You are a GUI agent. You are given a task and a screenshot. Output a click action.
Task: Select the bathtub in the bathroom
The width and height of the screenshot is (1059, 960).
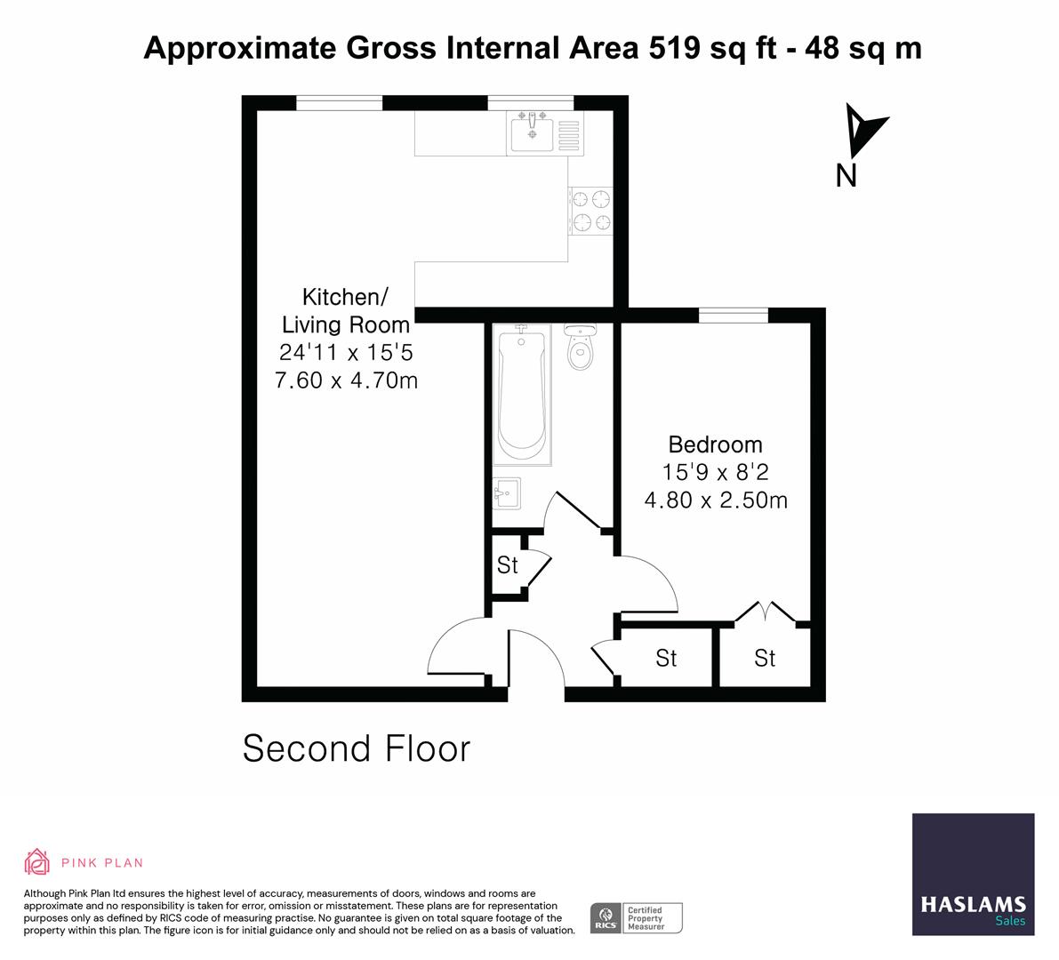(x=523, y=393)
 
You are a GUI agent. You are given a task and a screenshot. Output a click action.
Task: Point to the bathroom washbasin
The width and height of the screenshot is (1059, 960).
(x=507, y=493)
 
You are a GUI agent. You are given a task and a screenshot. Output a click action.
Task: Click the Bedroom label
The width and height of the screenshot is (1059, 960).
(x=715, y=444)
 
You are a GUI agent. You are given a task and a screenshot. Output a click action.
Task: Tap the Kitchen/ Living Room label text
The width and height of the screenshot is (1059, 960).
(x=346, y=310)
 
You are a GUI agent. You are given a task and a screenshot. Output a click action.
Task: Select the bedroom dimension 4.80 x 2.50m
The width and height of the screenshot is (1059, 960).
(x=715, y=500)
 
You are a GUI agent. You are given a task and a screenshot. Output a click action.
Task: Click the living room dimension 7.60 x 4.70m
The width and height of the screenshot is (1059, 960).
(x=346, y=381)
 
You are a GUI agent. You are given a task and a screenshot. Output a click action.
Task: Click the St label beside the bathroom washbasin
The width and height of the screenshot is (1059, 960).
(x=507, y=565)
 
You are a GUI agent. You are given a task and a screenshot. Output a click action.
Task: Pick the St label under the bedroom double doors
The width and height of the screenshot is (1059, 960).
(x=765, y=659)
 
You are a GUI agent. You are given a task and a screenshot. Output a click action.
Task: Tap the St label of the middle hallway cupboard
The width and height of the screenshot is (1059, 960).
(x=666, y=659)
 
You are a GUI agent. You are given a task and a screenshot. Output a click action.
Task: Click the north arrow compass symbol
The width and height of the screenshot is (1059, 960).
(x=863, y=130)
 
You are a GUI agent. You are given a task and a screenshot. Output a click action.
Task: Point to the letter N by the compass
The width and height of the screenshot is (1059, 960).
(x=846, y=177)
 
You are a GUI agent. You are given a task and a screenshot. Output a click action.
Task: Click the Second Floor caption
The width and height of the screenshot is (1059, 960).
(x=356, y=749)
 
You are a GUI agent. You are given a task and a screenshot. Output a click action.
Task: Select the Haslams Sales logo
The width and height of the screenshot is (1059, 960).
(x=973, y=875)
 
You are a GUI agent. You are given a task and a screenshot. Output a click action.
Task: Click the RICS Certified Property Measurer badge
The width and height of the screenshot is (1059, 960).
(x=637, y=917)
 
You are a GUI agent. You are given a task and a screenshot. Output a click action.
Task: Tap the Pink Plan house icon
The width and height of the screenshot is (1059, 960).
(x=37, y=861)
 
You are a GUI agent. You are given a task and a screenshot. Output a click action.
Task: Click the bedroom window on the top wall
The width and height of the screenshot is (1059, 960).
(x=733, y=315)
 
